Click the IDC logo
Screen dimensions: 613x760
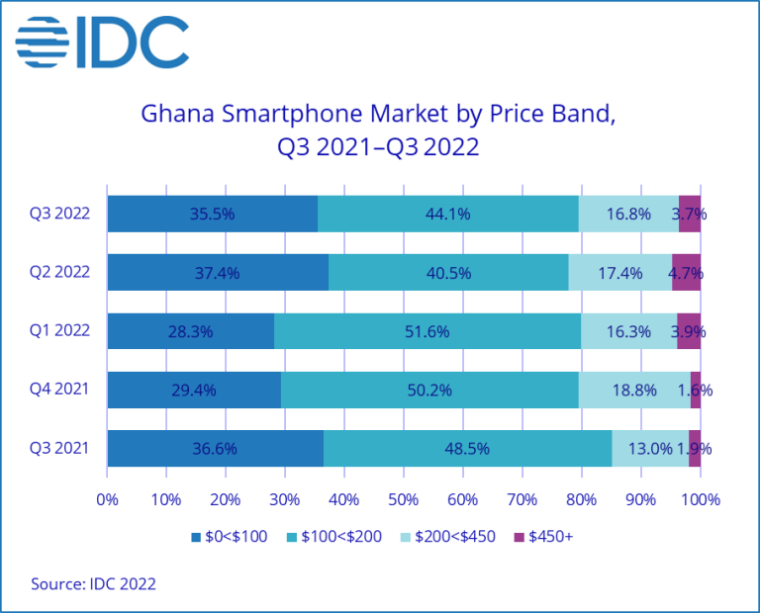tap(103, 42)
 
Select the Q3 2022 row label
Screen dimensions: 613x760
tap(59, 214)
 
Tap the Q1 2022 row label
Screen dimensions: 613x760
tap(59, 331)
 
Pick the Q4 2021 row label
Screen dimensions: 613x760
tap(59, 390)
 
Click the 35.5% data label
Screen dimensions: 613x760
tap(212, 214)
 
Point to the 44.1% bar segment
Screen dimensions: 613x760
tap(447, 214)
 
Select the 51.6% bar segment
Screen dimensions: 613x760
tap(427, 331)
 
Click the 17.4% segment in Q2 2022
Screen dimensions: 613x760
tap(619, 273)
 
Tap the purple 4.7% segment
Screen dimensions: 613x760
tap(686, 273)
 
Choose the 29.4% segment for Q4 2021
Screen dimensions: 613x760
tap(194, 390)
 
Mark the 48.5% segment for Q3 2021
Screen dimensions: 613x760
tap(467, 448)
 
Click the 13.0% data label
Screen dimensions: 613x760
tap(649, 448)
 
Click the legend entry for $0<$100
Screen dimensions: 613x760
tap(227, 538)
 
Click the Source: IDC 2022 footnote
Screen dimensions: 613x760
tap(94, 583)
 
